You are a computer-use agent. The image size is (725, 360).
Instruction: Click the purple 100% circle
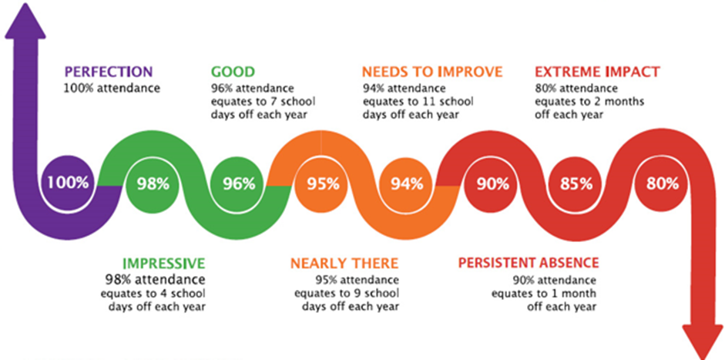coord(68,183)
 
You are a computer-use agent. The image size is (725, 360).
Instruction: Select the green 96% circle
coord(239,183)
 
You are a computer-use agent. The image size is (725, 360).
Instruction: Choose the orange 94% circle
coord(407,183)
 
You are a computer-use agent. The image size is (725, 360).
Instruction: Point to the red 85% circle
coord(576,183)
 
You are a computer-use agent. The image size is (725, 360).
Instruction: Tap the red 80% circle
coord(662,183)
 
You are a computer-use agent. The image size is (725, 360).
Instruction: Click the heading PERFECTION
coord(108,72)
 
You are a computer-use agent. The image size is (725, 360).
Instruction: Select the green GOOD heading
coord(233,72)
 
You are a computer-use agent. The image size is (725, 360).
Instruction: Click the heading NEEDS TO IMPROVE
coord(432,72)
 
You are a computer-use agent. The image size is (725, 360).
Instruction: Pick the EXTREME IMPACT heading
coord(597,72)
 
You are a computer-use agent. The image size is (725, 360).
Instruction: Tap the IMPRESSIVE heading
coord(163,264)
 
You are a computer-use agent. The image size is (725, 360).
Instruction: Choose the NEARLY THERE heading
coord(344,264)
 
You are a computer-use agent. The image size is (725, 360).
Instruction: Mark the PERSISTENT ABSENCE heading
coord(529,264)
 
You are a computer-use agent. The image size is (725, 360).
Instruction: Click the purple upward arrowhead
coord(25,21)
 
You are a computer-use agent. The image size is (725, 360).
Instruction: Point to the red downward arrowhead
coord(703,341)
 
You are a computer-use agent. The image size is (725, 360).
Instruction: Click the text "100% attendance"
coord(112,88)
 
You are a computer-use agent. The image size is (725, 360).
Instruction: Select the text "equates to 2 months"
coord(589,101)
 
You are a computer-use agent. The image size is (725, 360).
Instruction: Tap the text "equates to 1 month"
coord(544,294)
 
